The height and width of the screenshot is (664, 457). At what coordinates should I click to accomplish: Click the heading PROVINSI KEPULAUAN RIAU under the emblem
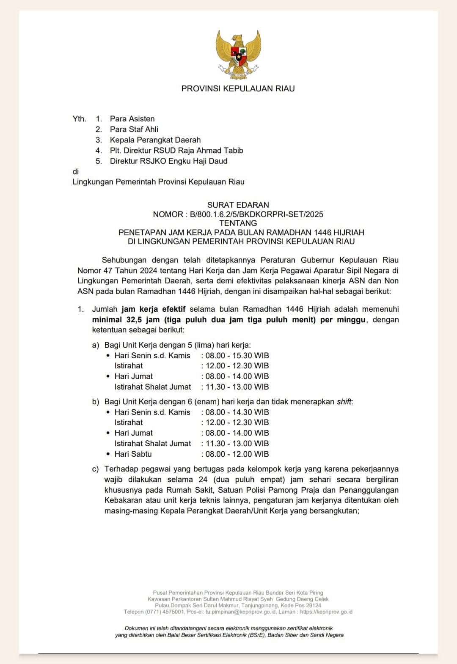[x=238, y=89]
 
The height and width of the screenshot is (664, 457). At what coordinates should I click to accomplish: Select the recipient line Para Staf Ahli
[x=134, y=129]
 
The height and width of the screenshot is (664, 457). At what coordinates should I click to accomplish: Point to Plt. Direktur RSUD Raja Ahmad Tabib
[x=176, y=151]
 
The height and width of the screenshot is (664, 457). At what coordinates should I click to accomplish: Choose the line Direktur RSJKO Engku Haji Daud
[x=168, y=161]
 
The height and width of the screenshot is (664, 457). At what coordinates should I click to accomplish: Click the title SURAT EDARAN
[x=238, y=205]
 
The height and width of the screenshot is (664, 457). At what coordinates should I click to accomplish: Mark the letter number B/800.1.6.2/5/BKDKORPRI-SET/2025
[x=256, y=214]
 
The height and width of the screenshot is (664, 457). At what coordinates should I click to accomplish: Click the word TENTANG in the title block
[x=238, y=223]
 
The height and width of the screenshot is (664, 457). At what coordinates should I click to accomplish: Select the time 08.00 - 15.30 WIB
[x=237, y=356]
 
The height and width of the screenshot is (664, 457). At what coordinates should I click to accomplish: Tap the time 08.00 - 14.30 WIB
[x=237, y=412]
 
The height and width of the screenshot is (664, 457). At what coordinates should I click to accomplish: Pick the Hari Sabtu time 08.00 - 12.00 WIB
[x=237, y=454]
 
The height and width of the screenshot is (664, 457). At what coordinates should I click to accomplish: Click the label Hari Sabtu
[x=133, y=454]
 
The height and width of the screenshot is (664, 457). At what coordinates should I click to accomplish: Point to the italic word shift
[x=344, y=402]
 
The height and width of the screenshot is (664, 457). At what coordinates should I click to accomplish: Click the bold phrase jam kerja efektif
[x=154, y=309]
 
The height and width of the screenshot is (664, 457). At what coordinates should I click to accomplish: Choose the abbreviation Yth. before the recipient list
[x=79, y=119]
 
